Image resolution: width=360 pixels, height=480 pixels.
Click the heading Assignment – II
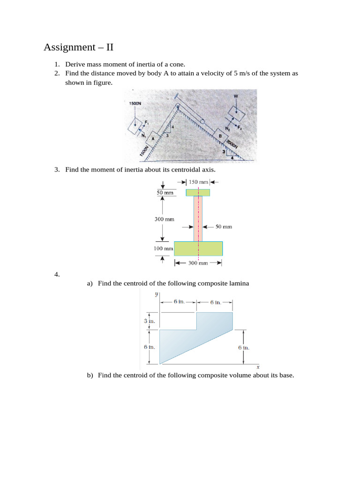pyautogui.click(x=78, y=47)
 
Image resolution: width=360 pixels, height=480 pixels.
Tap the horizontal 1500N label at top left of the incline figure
pyautogui.click(x=135, y=104)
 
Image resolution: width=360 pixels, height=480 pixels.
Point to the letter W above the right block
pyautogui.click(x=235, y=96)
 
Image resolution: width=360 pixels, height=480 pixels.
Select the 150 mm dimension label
pyautogui.click(x=198, y=182)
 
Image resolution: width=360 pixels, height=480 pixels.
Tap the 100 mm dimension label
pyautogui.click(x=164, y=248)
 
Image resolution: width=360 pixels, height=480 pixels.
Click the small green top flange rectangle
pyautogui.click(x=198, y=193)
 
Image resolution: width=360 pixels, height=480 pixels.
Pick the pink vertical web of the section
pyautogui.click(x=198, y=218)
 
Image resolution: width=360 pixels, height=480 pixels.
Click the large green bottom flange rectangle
pyautogui.click(x=198, y=248)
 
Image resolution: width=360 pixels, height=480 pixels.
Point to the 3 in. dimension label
pyautogui.click(x=149, y=321)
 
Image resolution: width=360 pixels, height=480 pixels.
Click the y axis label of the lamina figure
pyautogui.click(x=156, y=294)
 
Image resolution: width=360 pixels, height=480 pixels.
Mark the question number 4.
pyautogui.click(x=57, y=275)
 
